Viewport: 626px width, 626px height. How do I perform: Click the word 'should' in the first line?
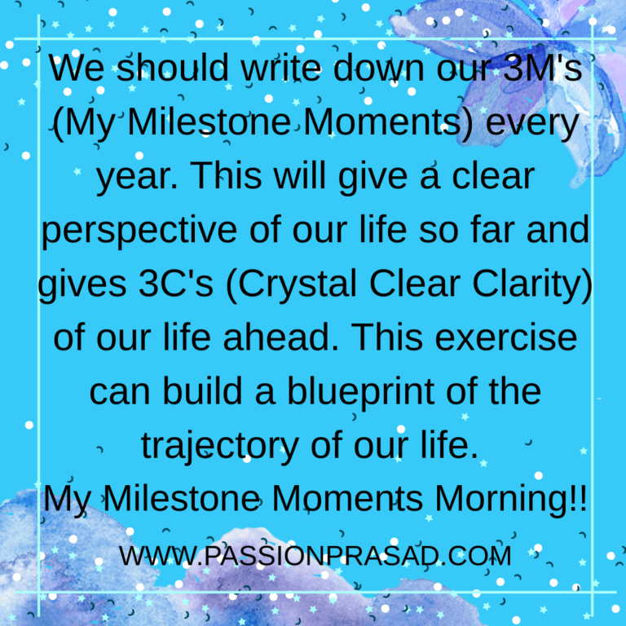(173, 68)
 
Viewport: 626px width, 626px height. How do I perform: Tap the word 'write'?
(280, 68)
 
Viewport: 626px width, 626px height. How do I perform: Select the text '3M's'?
(542, 68)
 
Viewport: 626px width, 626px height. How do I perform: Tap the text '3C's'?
(176, 283)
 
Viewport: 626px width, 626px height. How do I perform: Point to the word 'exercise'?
(506, 337)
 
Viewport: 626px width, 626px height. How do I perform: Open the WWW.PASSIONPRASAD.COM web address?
(315, 556)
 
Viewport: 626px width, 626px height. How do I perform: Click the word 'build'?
(203, 391)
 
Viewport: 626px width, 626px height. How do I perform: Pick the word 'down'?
(378, 68)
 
